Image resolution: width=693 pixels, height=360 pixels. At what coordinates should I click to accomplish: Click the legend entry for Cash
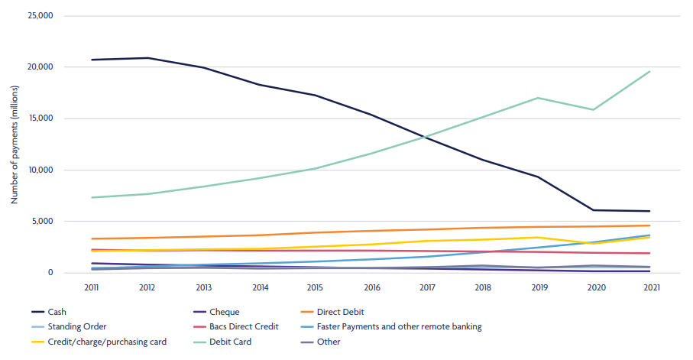(x=47, y=312)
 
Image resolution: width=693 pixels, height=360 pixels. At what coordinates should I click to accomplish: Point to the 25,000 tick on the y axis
(x=38, y=15)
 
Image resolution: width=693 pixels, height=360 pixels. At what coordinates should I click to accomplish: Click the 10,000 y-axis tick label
(x=38, y=170)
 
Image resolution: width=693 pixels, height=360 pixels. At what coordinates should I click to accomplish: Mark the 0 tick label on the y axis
(x=49, y=273)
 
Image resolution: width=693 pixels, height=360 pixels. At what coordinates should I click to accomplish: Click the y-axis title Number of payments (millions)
(x=14, y=144)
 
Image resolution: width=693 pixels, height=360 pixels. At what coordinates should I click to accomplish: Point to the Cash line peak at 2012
(x=147, y=58)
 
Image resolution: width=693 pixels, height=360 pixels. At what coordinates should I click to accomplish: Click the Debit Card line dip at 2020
(x=594, y=109)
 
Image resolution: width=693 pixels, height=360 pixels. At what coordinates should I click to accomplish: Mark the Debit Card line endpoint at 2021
(x=650, y=71)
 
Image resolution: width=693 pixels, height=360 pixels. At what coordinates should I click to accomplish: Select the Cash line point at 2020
(x=594, y=210)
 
